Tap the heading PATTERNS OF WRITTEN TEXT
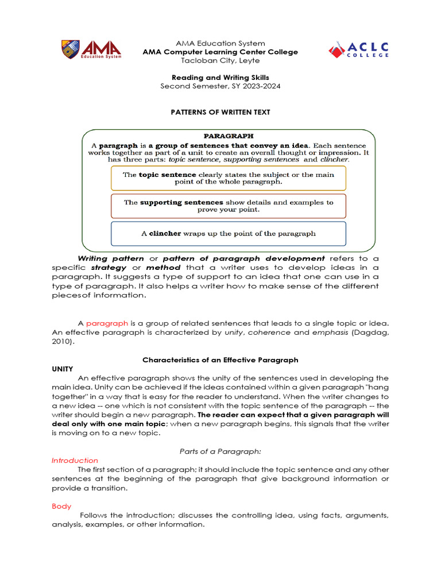click(x=220, y=112)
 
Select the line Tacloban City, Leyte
click(x=220, y=60)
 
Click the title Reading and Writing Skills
click(x=220, y=78)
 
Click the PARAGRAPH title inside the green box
click(x=229, y=136)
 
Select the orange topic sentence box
click(x=229, y=177)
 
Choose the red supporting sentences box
click(x=229, y=206)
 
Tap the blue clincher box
click(x=229, y=234)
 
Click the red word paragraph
click(x=103, y=323)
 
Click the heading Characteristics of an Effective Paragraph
click(x=220, y=360)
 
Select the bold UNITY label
click(x=63, y=369)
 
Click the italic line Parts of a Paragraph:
click(x=220, y=451)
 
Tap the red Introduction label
click(x=75, y=461)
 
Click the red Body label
click(x=61, y=506)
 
